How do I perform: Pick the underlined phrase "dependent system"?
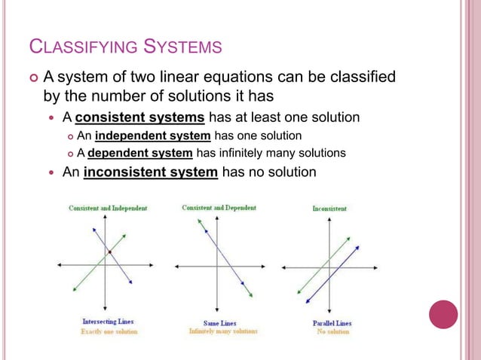140,153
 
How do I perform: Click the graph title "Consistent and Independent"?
108,208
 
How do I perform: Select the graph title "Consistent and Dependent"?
219,207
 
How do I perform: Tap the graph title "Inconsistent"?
329,208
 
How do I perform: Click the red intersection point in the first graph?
110,252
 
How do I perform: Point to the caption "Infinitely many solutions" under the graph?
222,331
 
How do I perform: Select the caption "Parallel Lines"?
332,323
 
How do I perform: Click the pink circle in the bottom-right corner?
443,314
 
